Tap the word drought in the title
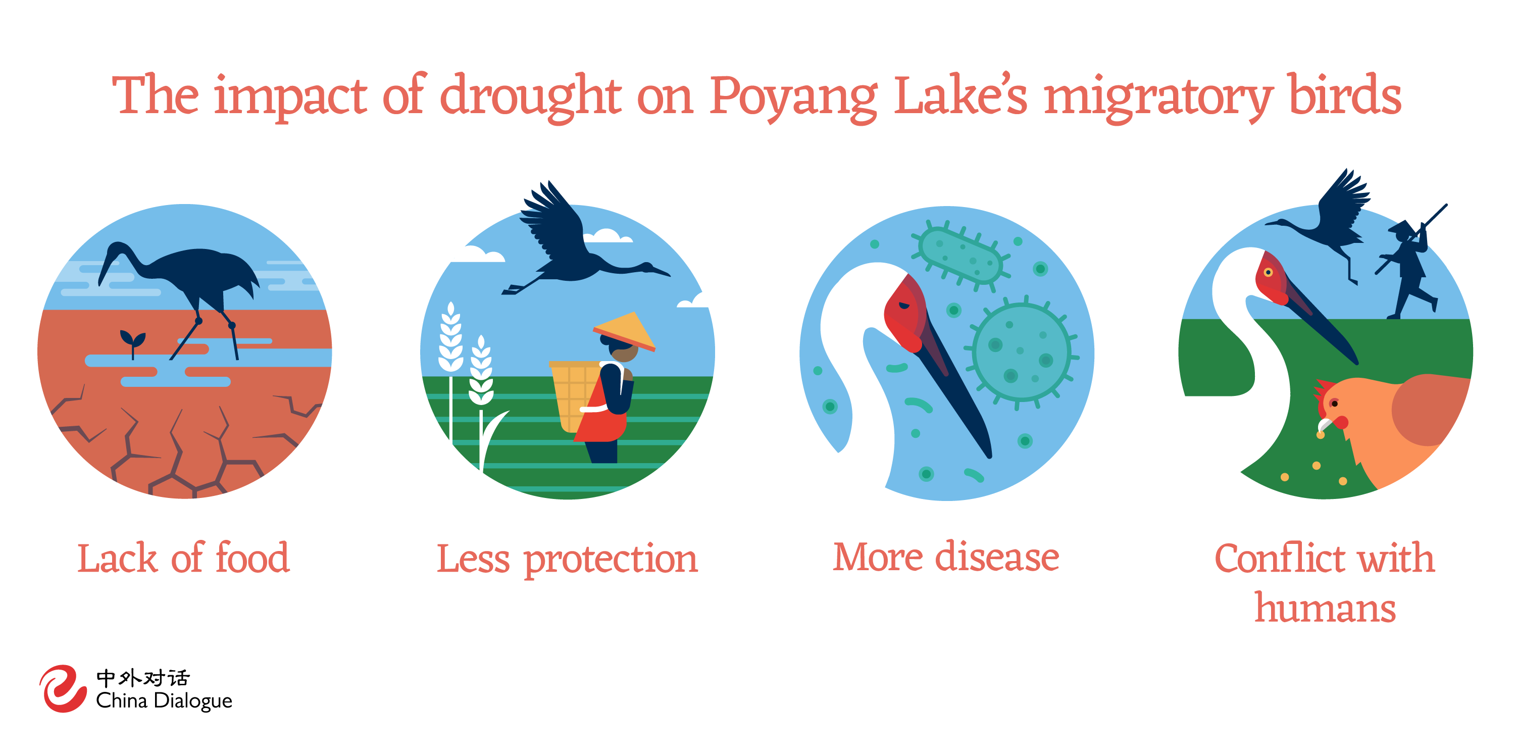(530, 97)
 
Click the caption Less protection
(567, 559)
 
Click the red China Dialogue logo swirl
(62, 688)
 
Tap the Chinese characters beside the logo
(143, 678)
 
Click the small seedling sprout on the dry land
(133, 340)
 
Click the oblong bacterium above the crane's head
(961, 257)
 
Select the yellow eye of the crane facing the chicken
(1269, 272)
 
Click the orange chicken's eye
(1334, 404)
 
